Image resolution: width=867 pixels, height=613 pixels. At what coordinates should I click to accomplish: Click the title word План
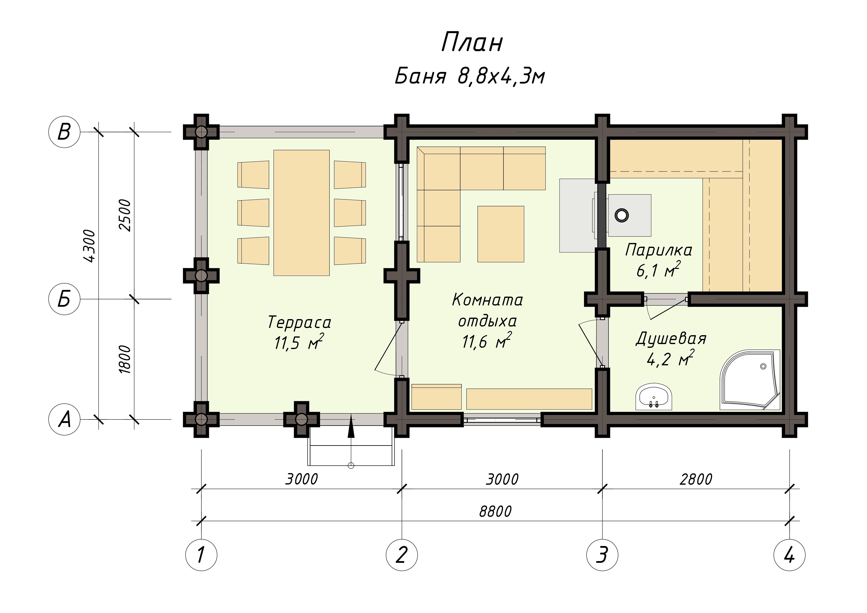click(472, 42)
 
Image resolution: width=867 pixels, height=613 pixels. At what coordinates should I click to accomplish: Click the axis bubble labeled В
click(65, 132)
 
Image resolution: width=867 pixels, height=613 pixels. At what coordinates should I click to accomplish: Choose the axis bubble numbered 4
click(790, 555)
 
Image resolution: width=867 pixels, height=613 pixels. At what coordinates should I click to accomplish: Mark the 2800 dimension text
click(695, 479)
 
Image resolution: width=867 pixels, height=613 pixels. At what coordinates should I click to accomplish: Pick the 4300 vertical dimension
click(89, 245)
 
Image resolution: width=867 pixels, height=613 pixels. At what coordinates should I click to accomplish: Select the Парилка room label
click(659, 250)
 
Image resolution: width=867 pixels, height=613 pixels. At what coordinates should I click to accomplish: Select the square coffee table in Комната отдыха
click(501, 234)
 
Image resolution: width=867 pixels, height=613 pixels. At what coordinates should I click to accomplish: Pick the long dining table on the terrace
click(301, 213)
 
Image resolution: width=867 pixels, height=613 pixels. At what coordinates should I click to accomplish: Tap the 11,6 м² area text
click(487, 341)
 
